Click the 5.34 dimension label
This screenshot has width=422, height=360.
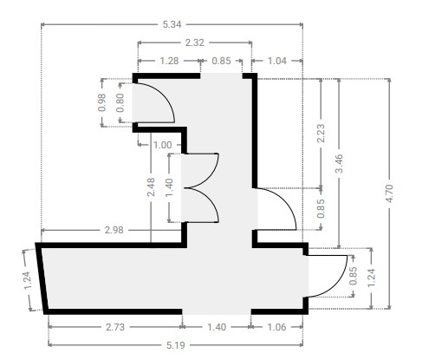click(x=172, y=24)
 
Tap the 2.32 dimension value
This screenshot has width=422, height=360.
click(x=195, y=43)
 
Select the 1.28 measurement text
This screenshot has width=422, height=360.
click(x=169, y=61)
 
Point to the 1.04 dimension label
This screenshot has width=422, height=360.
click(x=277, y=61)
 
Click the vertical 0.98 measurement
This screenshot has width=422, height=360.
click(x=102, y=102)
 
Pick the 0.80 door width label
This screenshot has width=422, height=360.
click(x=120, y=102)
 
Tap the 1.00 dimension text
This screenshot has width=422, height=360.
click(x=163, y=145)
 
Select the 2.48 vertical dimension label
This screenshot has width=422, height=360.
click(x=151, y=187)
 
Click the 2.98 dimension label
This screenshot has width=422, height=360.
click(x=114, y=230)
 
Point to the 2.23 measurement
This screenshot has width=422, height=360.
click(x=321, y=133)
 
